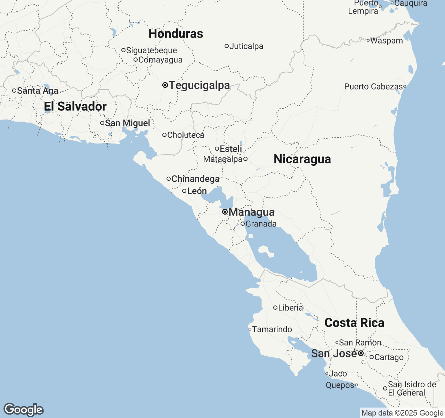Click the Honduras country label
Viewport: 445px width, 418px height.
click(176, 34)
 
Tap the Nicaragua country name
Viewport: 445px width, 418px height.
click(302, 159)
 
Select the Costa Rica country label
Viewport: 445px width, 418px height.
click(354, 323)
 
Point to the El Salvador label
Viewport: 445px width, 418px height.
click(75, 107)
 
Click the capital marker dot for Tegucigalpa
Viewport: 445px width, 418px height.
click(165, 85)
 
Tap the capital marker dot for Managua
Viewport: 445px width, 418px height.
click(225, 212)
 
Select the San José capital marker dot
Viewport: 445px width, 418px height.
click(361, 353)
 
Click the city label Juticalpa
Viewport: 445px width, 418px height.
click(246, 46)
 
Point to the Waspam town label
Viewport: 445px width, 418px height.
click(386, 41)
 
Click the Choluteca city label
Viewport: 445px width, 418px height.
click(186, 135)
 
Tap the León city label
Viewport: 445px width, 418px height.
click(197, 191)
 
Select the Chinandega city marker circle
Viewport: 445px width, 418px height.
click(169, 179)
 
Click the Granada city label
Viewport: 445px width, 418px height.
click(261, 224)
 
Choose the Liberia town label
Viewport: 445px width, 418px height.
click(291, 308)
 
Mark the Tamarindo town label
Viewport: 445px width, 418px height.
click(272, 330)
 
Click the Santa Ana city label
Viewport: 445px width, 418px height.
click(38, 91)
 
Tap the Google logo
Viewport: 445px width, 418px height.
click(24, 410)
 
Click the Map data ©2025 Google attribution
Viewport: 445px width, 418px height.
click(402, 413)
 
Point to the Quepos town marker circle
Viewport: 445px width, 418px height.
click(356, 385)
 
